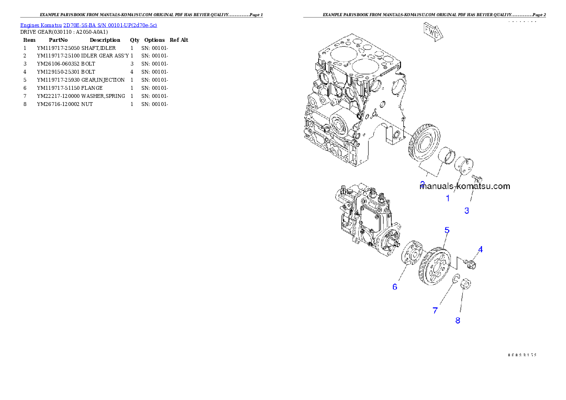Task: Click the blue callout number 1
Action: [x=448, y=199]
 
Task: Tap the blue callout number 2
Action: [x=422, y=183]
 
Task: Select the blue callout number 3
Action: [x=467, y=210]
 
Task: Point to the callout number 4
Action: [x=480, y=249]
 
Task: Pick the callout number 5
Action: [x=447, y=230]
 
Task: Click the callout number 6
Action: [x=395, y=287]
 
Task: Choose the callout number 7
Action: [x=435, y=311]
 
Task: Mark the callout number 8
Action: [x=458, y=321]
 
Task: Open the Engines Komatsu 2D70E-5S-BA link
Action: [x=88, y=25]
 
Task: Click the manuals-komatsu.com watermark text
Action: [x=465, y=187]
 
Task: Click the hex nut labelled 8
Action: [x=466, y=285]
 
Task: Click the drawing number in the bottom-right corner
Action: [x=522, y=354]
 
